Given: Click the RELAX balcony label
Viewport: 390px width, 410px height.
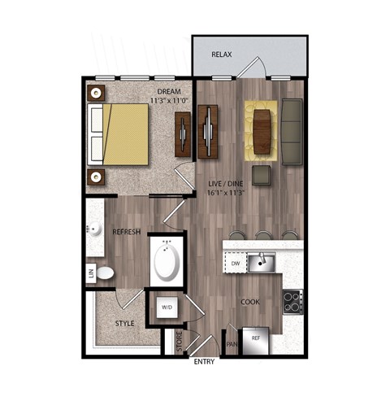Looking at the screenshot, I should coord(222,55).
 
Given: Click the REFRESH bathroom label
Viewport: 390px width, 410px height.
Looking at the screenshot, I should coord(127,232).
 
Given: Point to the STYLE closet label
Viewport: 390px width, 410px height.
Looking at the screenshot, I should coord(123,323).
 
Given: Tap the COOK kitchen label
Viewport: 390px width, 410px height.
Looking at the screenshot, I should coord(249,303).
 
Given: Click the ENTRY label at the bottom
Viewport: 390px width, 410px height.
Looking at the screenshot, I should coord(204,361).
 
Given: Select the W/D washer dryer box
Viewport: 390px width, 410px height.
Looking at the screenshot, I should coord(167,307).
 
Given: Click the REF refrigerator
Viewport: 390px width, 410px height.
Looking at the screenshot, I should coord(255,338).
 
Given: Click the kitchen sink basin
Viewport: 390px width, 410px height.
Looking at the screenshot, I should coord(261,263).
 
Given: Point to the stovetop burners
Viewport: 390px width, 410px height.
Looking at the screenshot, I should coord(291,302).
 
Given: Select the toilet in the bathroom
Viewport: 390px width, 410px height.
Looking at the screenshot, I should coord(107,272).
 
